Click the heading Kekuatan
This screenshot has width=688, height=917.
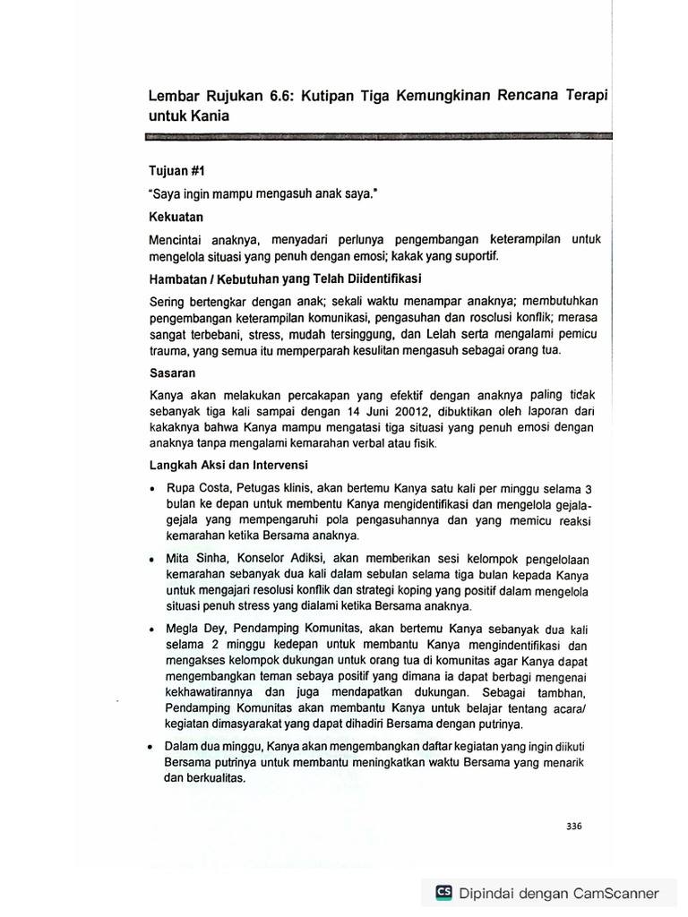pyautogui.click(x=176, y=217)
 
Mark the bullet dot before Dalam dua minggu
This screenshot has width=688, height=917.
pyautogui.click(x=152, y=746)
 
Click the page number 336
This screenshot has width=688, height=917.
pyautogui.click(x=574, y=827)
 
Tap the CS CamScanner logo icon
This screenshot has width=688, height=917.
pyautogui.click(x=443, y=893)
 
